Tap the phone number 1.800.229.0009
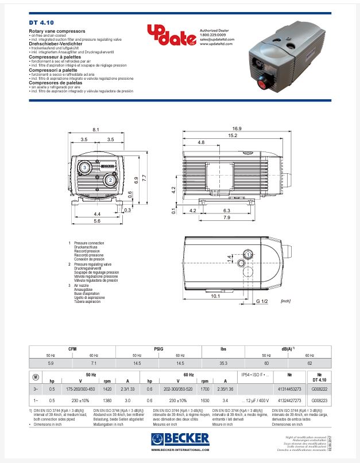(x=213, y=35)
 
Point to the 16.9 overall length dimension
(x=237, y=129)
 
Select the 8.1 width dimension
(x=95, y=130)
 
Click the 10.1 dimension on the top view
(x=216, y=296)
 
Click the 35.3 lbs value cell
(x=223, y=363)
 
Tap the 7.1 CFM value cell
(x=94, y=363)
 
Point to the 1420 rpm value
(x=106, y=388)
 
